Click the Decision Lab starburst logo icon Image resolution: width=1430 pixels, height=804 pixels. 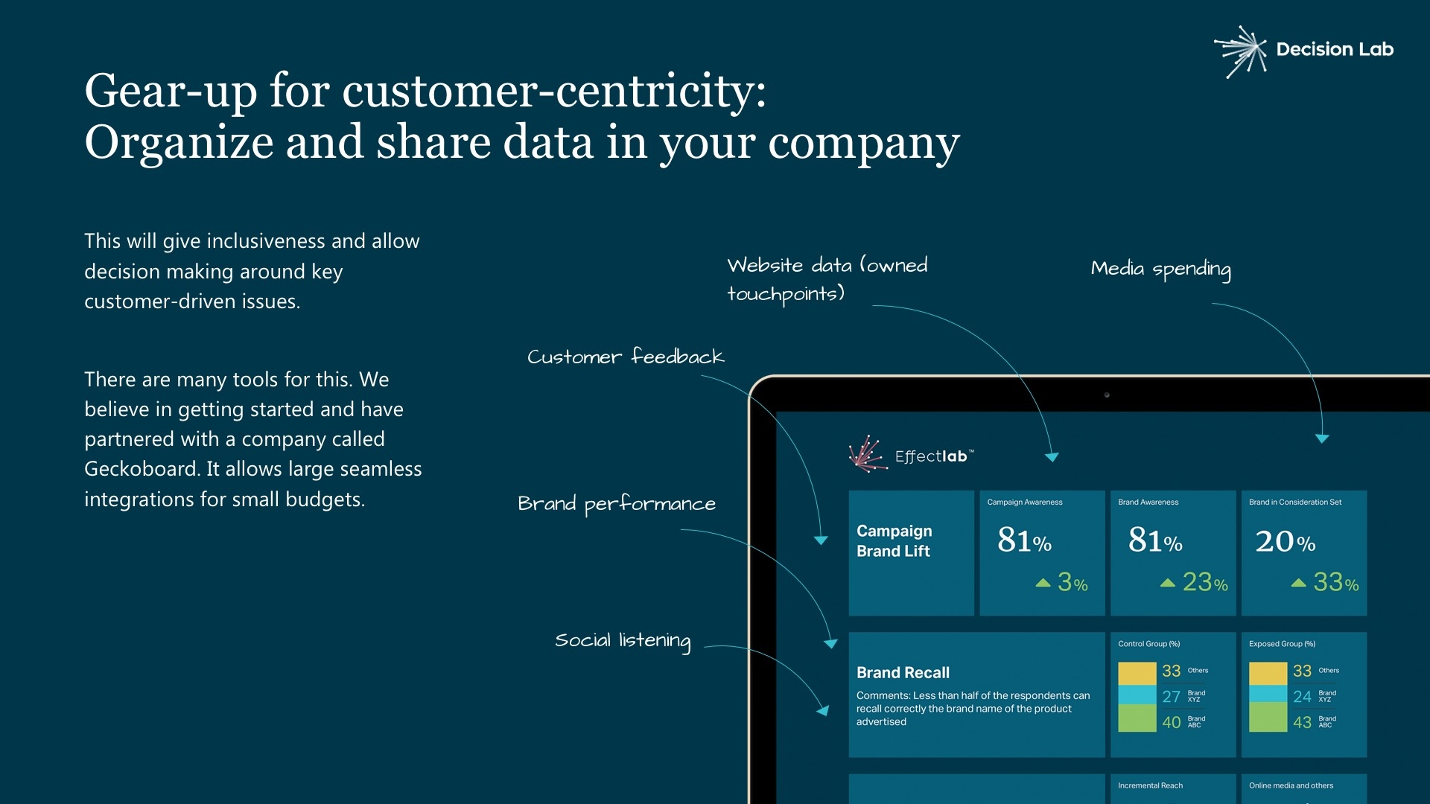[1241, 51]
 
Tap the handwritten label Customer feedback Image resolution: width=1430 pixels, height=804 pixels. [626, 357]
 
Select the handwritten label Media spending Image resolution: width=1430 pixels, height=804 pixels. [1161, 269]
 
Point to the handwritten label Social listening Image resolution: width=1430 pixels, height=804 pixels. [623, 641]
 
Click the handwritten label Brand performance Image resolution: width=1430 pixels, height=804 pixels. [617, 504]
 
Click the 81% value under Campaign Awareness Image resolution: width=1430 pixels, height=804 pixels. [1024, 540]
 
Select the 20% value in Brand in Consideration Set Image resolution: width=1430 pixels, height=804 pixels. [1285, 541]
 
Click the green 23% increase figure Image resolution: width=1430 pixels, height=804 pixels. [1204, 582]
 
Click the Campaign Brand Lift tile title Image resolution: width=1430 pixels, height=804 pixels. [894, 541]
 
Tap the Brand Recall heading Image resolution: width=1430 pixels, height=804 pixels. [903, 673]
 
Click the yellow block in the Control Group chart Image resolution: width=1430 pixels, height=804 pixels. [1137, 673]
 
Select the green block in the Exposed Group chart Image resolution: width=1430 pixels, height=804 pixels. [1268, 718]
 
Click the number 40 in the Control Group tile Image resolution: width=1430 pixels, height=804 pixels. [1171, 722]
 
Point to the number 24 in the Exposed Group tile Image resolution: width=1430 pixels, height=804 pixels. [1302, 697]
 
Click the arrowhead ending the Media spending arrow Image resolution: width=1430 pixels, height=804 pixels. [1322, 438]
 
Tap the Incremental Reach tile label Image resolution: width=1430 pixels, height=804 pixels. [1150, 785]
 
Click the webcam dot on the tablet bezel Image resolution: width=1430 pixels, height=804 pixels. [1107, 395]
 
